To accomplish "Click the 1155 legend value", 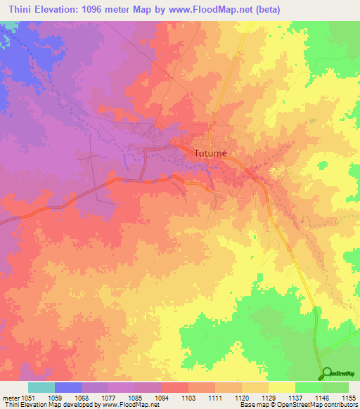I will click(x=349, y=398).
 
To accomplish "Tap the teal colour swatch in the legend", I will click(x=41, y=387).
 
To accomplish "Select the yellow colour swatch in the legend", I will click(x=282, y=387).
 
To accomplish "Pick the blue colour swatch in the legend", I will click(x=68, y=387).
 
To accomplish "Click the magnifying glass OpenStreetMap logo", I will click(x=326, y=372).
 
